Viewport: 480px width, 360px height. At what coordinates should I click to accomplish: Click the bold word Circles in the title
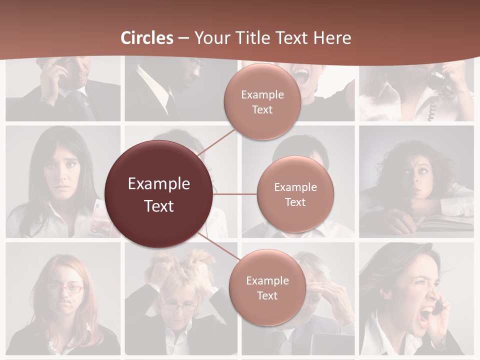147,38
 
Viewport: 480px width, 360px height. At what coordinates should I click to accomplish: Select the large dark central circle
159,194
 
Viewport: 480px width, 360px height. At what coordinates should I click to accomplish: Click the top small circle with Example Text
262,101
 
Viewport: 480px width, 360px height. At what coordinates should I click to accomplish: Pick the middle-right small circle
295,194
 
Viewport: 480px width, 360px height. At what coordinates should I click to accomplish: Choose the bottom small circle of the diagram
267,287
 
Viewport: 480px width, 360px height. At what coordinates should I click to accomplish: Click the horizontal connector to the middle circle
235,194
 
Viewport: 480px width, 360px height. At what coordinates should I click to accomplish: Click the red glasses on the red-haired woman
65,288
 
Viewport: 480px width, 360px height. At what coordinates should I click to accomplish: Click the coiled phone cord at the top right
431,110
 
